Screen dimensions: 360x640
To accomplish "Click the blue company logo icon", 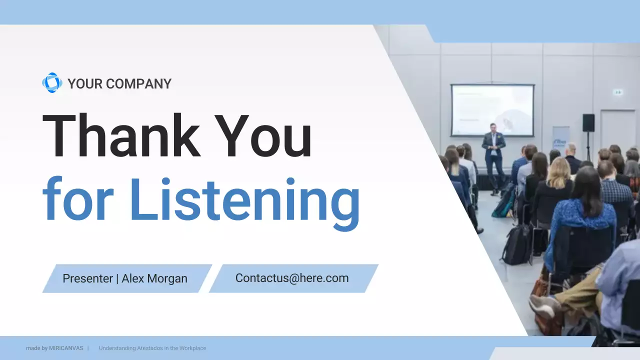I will coord(52,83).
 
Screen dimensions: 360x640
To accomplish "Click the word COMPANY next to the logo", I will coord(138,84).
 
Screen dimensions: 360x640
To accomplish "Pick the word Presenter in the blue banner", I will coord(87,278).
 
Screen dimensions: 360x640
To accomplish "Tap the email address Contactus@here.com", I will coord(292,278).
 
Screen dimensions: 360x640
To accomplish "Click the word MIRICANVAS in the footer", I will coord(66,348).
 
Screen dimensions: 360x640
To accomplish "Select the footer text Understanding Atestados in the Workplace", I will coord(152,348).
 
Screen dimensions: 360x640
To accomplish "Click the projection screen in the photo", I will coord(492,110).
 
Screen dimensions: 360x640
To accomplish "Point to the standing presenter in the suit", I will coord(494,155).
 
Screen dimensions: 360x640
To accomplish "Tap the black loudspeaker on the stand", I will coord(588,122).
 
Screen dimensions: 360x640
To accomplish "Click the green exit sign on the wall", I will coord(618,92).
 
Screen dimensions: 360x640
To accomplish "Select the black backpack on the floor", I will coord(517,245).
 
